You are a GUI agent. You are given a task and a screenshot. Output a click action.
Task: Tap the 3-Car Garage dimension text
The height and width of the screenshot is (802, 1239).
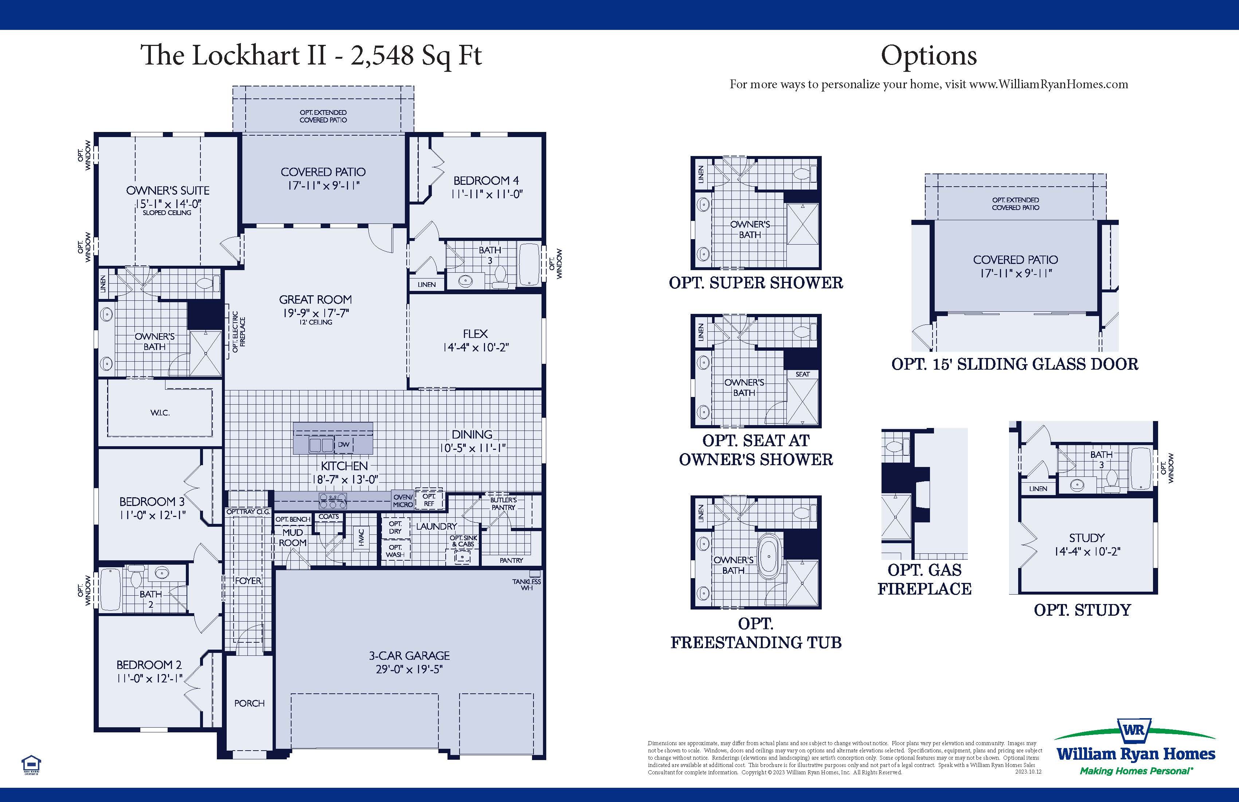pos(409,669)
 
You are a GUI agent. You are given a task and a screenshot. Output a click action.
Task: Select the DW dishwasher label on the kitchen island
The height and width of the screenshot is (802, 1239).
pos(344,445)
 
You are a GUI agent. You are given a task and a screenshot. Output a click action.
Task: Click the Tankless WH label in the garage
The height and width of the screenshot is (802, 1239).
pos(526,584)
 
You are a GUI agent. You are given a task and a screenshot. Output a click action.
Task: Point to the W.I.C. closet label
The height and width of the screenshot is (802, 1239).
pos(160,412)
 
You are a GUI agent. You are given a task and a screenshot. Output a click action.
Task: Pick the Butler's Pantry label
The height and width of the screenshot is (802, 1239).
pos(503,503)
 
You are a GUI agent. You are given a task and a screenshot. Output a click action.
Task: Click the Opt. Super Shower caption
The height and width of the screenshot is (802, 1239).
pos(755,283)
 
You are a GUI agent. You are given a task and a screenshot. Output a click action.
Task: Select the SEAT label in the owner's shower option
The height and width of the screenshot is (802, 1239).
pos(802,374)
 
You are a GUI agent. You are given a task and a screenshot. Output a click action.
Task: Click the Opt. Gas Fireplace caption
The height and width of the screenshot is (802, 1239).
pos(924,579)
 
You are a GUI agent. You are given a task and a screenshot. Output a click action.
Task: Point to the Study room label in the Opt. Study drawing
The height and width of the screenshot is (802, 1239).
pos(1086,538)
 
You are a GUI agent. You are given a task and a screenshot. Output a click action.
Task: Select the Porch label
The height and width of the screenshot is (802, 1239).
pos(249,703)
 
